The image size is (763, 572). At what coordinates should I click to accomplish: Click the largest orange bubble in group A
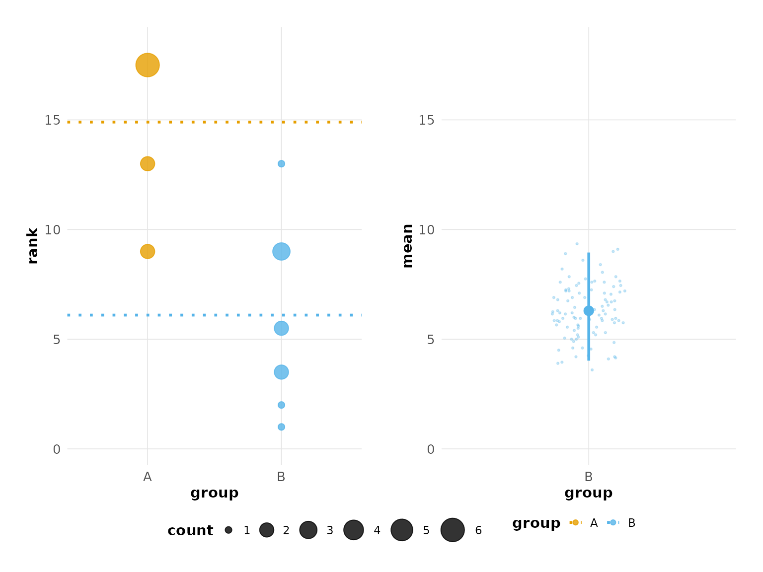(147, 65)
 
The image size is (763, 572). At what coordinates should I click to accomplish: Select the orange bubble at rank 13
(147, 163)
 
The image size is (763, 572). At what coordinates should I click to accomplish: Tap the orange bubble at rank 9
(147, 251)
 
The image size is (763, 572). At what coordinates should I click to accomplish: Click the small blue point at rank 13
(281, 164)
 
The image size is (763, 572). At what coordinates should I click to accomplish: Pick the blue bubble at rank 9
(281, 251)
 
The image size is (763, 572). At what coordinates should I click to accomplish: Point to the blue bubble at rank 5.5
(281, 328)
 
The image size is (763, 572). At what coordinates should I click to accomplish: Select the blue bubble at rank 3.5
(281, 372)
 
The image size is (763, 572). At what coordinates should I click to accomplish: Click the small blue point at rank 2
(281, 405)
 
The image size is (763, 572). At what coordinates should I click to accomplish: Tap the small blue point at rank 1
(281, 427)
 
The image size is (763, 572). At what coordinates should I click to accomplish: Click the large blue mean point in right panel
(589, 311)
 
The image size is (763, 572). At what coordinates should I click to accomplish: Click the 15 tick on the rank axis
(52, 120)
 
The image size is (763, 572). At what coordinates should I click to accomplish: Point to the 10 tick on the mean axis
(426, 230)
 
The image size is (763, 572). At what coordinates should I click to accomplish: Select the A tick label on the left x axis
(147, 477)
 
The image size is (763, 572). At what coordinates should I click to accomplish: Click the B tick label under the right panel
(589, 477)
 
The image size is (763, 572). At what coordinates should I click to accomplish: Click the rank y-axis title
(33, 245)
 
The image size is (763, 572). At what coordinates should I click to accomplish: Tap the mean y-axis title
(407, 245)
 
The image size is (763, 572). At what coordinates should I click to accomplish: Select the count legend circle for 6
(453, 530)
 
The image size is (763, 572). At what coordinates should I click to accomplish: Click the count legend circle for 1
(229, 530)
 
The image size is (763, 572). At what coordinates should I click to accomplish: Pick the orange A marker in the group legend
(575, 522)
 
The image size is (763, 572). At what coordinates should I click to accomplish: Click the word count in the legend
(190, 531)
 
